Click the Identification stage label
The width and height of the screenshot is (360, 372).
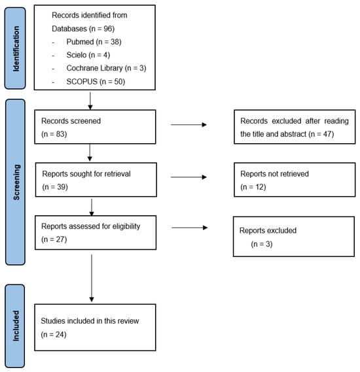[16, 48]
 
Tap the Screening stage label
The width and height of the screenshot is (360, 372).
[16, 182]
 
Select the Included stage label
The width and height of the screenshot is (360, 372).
[16, 326]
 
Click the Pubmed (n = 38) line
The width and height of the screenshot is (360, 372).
[94, 42]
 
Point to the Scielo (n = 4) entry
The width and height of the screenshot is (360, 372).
[88, 55]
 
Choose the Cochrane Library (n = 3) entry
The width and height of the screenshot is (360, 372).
[106, 69]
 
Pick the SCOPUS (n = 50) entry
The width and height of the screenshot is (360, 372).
[96, 82]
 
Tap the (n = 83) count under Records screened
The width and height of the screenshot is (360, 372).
[54, 134]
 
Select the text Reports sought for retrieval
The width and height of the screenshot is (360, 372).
[86, 174]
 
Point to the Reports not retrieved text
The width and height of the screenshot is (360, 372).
[274, 174]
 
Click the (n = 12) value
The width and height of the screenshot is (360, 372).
[253, 187]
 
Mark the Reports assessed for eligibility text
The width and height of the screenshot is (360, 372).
[91, 226]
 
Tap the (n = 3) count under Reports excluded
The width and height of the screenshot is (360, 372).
[262, 244]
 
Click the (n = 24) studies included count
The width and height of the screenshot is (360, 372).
[54, 335]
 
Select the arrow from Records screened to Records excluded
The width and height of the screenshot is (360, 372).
[189, 125]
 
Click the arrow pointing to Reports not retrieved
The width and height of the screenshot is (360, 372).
[189, 177]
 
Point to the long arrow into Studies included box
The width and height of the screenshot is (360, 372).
[92, 278]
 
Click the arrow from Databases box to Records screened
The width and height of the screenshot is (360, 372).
[90, 101]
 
